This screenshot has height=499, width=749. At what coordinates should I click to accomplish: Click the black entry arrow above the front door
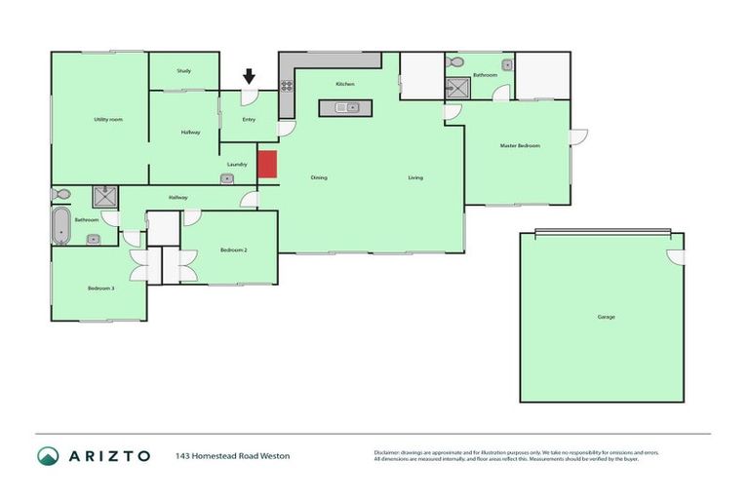pos(249,76)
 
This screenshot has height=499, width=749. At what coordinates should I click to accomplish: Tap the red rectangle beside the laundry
pos(267,165)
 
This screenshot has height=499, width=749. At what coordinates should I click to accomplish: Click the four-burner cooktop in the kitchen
pos(288,86)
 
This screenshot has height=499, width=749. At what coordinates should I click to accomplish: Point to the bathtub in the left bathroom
pos(61,225)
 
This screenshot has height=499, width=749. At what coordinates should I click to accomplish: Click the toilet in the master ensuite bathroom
pos(455,62)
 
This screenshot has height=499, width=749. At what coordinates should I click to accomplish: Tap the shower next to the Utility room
pos(104,195)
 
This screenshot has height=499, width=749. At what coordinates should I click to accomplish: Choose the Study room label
pos(183,71)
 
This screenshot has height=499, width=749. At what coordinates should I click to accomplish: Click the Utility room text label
pos(107,119)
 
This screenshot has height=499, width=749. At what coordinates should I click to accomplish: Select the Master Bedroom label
pos(519,145)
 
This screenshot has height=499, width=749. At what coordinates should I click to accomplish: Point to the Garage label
pos(606,317)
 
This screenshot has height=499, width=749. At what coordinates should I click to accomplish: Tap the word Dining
pos(319,177)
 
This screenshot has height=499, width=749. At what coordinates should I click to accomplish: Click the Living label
pos(415,177)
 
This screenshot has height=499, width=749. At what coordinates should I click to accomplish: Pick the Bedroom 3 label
pos(100,288)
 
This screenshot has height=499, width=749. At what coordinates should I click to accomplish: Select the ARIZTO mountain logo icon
pos(48,455)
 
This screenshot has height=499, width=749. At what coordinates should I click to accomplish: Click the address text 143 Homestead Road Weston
pos(232,455)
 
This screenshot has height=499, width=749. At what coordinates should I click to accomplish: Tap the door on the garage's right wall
pos(676,256)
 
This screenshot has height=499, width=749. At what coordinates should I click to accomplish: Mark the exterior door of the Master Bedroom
pos(578,136)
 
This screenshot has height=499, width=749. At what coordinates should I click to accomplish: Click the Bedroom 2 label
pos(233,250)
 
